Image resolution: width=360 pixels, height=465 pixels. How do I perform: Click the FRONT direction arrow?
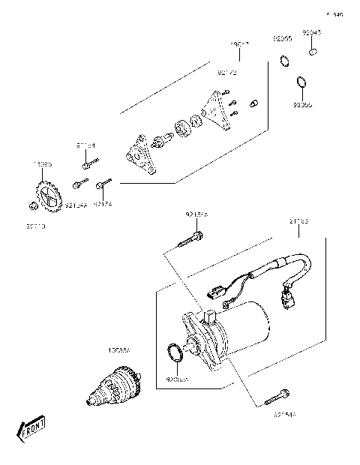tap(31, 430)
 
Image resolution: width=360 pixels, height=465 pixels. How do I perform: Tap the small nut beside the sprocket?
tap(32, 205)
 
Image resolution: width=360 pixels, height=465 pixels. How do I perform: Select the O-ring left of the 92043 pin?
tap(285, 60)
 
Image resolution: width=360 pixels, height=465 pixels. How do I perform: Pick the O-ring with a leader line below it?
tap(300, 82)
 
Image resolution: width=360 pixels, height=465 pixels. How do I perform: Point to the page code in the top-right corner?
tap(334, 14)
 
